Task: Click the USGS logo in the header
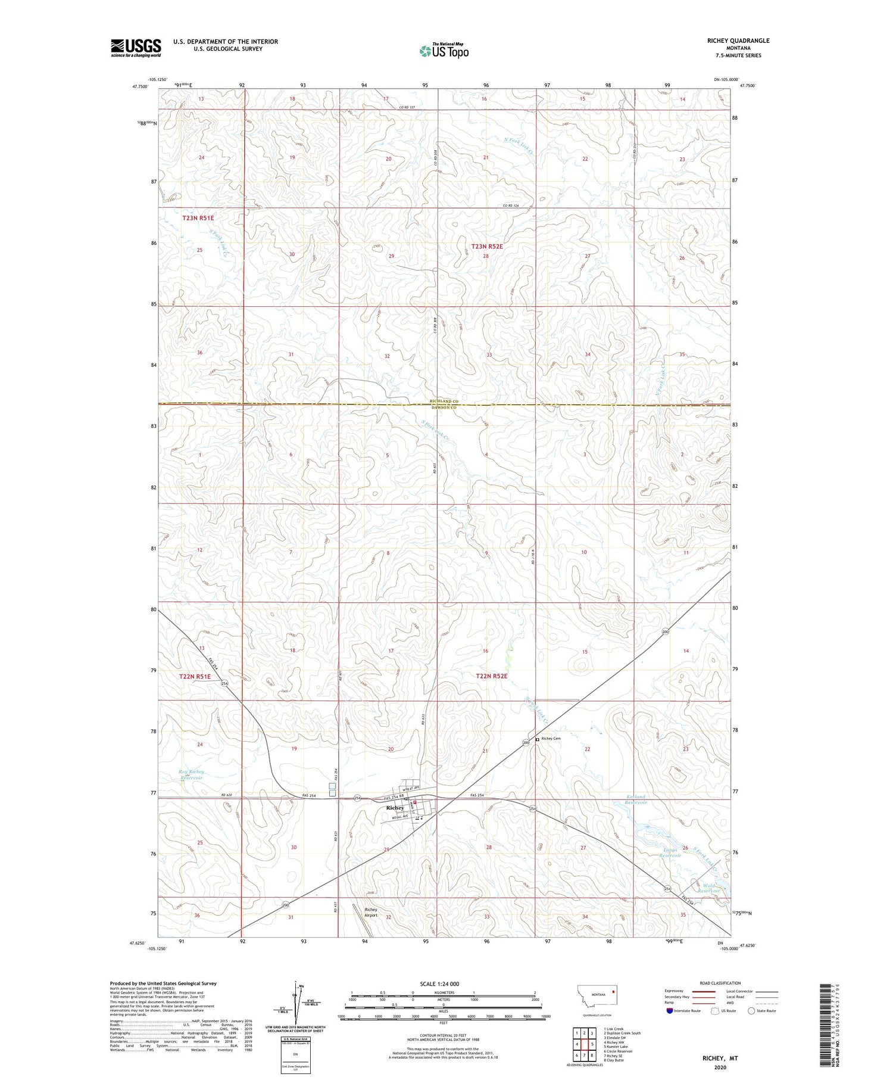(136, 48)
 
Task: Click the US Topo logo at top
(444, 51)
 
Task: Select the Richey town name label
(395, 808)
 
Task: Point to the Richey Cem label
(551, 739)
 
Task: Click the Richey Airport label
(371, 912)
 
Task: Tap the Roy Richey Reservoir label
(192, 774)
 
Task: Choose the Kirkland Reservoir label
(636, 799)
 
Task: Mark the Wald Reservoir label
(708, 888)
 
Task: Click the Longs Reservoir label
(669, 852)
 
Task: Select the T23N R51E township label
(198, 218)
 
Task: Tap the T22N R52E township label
(492, 676)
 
